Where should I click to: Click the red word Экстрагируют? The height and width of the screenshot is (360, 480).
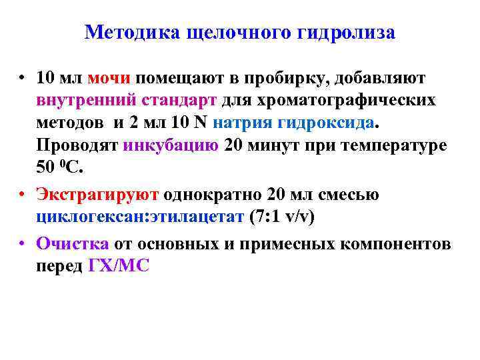[97, 195]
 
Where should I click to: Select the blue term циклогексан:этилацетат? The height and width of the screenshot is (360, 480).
[139, 217]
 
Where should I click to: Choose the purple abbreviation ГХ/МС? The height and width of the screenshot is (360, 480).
[119, 266]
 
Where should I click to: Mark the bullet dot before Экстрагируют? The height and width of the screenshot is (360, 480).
[22, 195]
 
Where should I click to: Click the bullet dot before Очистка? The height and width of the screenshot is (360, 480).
[22, 243]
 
